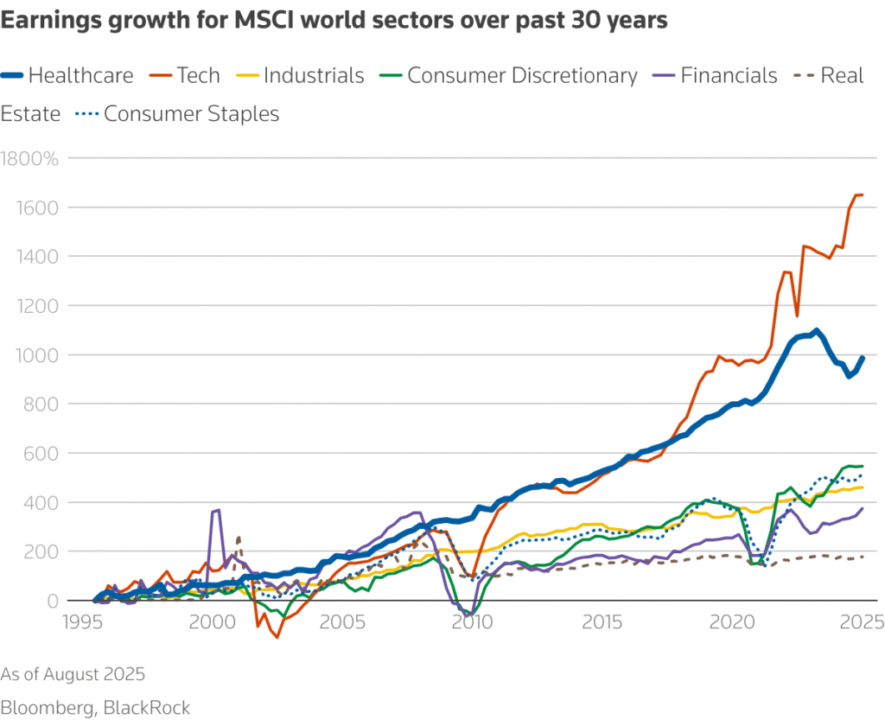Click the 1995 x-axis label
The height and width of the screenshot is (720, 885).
coord(84,621)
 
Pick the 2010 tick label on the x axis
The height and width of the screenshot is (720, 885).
coord(472,621)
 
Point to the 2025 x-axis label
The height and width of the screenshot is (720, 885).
coord(861,621)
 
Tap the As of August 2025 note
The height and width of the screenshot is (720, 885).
coord(73,674)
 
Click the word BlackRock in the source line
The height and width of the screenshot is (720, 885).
coord(147,708)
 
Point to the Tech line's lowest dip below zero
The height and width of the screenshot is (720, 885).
coord(277,637)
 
